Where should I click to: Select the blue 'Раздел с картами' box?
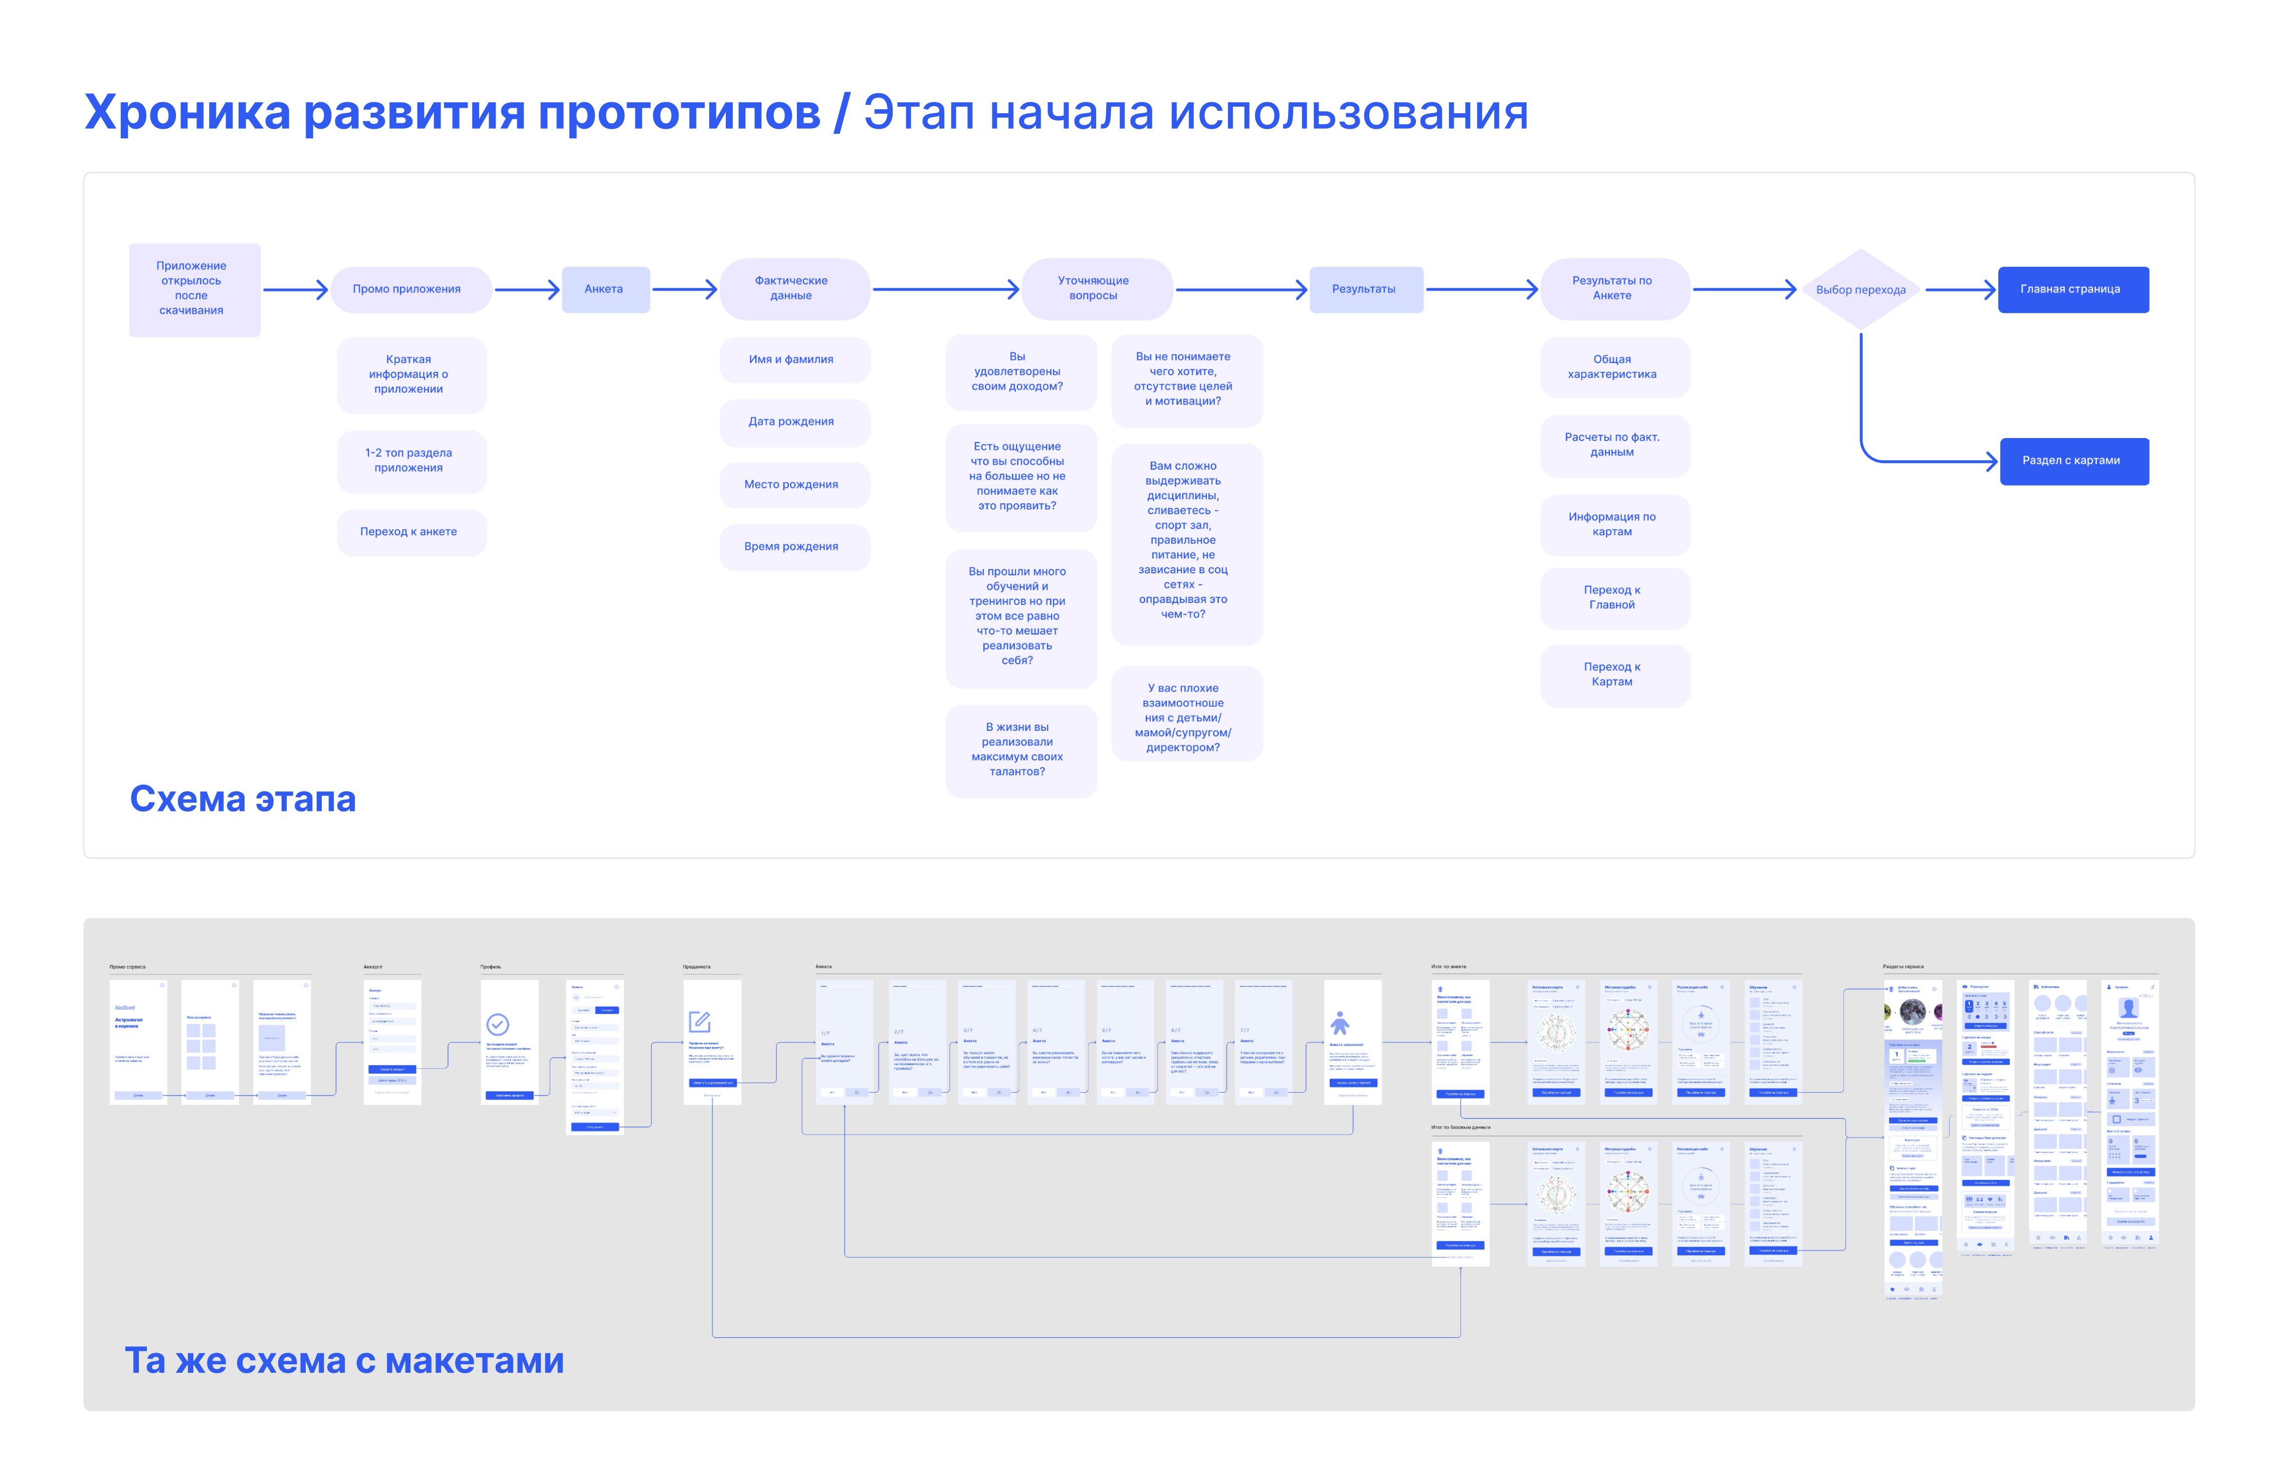(2073, 461)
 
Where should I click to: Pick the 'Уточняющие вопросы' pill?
(1096, 288)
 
